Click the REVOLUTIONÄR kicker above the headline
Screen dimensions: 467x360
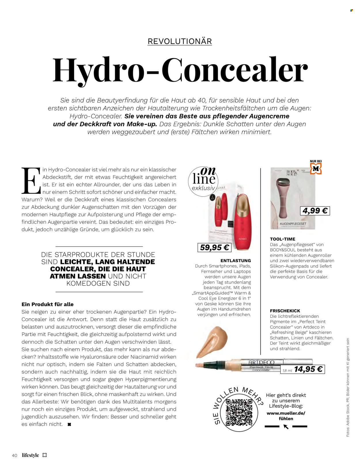179,41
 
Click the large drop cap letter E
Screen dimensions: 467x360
31,181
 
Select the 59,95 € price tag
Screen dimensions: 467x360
214,247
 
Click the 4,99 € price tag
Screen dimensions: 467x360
315,211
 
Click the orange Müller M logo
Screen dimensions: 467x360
316,169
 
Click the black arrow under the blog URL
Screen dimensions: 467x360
286,426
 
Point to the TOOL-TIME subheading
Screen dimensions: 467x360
283,239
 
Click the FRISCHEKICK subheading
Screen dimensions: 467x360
285,311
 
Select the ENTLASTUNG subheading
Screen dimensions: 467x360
236,260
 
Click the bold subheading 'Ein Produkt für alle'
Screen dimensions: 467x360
48,304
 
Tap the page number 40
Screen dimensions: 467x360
15,455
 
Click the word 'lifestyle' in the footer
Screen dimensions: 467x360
30,455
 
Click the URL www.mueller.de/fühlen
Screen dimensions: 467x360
286,416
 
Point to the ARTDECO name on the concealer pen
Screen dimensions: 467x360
262,362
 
